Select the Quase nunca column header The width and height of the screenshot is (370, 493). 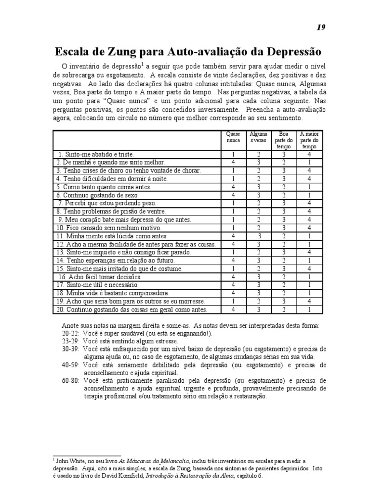[x=233, y=137]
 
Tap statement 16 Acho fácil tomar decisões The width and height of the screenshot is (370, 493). [x=100, y=277]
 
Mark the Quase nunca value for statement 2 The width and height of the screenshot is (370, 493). [x=233, y=163]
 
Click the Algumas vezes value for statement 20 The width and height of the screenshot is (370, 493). [x=259, y=310]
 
